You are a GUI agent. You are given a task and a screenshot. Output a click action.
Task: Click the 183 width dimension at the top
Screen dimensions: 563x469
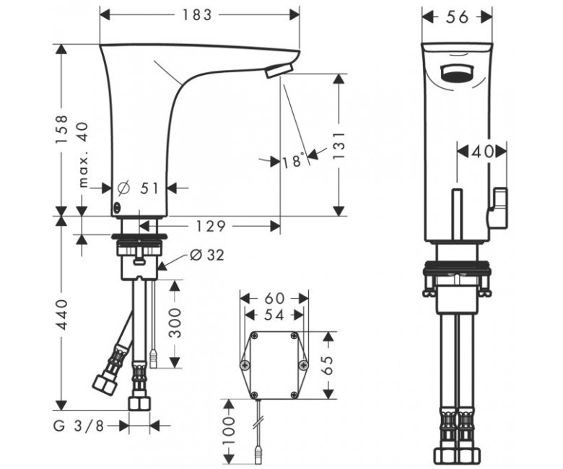tap(197, 14)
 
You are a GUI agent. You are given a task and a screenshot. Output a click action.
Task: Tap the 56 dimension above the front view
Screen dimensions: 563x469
tap(457, 17)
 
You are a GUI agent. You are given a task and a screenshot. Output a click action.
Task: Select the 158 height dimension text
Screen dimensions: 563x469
tap(61, 129)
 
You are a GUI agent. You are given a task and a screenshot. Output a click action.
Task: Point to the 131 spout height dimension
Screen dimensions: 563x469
tap(339, 145)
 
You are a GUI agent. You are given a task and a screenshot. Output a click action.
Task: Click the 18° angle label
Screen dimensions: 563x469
tap(293, 160)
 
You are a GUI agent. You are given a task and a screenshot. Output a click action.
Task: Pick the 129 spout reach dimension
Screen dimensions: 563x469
tap(211, 226)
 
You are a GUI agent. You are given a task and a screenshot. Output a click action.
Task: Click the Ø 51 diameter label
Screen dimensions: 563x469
tap(139, 188)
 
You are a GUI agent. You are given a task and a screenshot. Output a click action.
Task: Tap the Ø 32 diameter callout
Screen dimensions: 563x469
tap(207, 255)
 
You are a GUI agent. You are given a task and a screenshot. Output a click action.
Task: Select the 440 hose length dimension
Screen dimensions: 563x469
tap(61, 315)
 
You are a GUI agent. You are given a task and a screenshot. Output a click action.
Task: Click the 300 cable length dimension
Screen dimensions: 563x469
tap(175, 323)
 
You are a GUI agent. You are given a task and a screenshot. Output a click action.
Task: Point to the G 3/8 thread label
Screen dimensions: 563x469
tap(78, 426)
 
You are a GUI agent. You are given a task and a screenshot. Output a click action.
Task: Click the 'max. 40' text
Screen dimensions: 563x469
tap(83, 155)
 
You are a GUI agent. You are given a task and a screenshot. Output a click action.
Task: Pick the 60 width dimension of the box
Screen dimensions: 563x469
tap(274, 298)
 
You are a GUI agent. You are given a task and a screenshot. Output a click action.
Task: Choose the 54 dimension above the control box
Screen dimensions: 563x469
tap(274, 315)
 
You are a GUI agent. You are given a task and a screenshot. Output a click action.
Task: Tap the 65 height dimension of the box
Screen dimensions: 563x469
tap(328, 365)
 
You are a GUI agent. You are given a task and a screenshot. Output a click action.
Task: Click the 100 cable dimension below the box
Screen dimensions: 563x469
tap(229, 430)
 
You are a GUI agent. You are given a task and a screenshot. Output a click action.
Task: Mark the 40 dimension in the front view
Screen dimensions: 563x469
tap(482, 152)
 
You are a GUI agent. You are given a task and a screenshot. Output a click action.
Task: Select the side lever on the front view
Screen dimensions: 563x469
tap(498, 208)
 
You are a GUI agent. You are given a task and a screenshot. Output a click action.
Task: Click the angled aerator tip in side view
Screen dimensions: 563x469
tap(279, 70)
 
